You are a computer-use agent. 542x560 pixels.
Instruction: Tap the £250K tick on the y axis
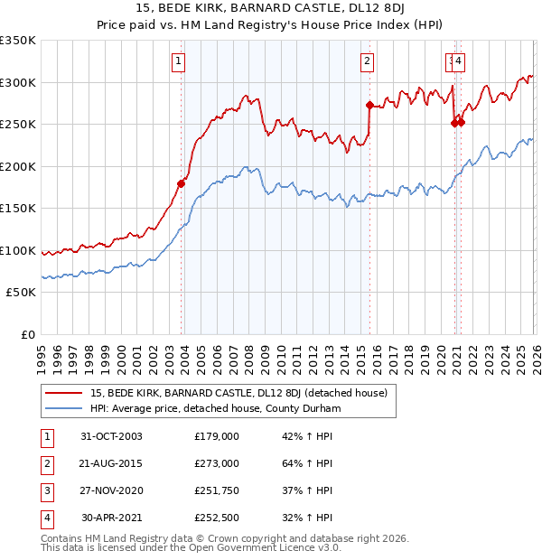tap(18, 125)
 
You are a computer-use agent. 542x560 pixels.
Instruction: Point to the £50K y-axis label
tap(21, 293)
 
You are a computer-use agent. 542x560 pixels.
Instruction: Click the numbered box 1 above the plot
tap(178, 61)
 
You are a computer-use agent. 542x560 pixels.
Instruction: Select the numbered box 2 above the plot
tap(368, 61)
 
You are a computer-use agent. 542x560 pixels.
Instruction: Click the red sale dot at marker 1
tap(181, 184)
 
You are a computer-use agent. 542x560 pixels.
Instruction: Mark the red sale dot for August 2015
tap(369, 105)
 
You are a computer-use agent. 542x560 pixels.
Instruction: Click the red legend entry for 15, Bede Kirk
tap(239, 393)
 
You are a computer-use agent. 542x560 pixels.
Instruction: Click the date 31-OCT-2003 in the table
tap(111, 436)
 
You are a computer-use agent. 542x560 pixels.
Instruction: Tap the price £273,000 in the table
tap(217, 463)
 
